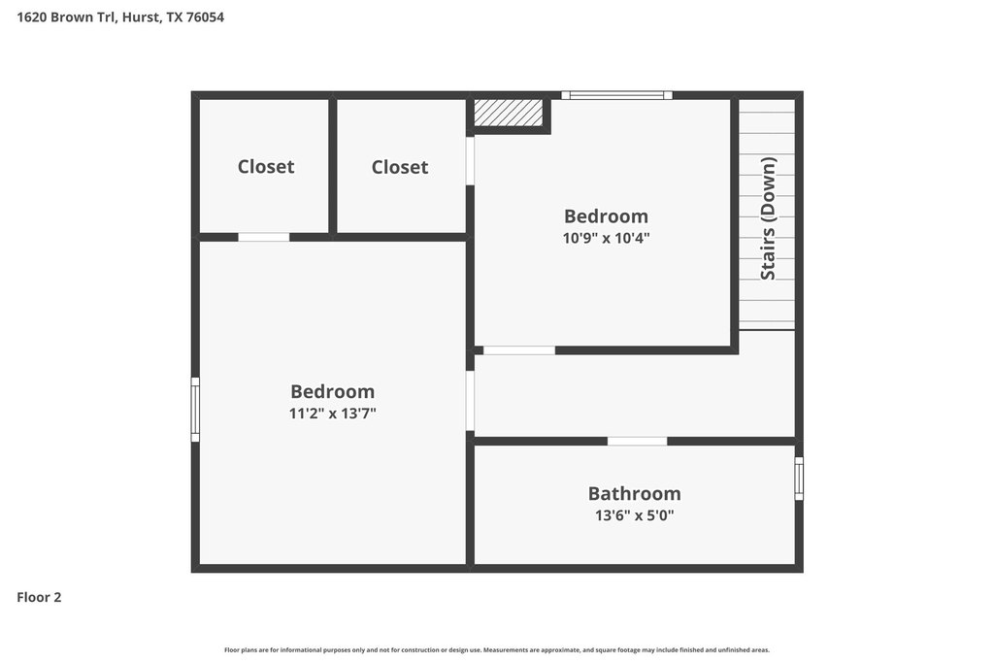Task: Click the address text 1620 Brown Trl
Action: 65,17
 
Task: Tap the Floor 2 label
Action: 39,597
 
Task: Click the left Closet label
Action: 266,166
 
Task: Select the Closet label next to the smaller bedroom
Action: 399,167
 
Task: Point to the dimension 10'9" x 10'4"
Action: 606,238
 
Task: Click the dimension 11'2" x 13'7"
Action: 332,414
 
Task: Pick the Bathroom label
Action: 634,493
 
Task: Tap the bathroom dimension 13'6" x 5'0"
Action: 634,514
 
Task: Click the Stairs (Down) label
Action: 768,218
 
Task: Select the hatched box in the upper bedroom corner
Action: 509,113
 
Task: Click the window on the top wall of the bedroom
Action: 616,96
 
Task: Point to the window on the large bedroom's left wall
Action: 195,410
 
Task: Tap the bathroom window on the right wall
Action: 799,479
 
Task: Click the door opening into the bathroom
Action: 637,441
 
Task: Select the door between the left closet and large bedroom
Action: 264,237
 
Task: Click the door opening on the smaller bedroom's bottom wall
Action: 519,350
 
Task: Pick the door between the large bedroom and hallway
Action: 471,401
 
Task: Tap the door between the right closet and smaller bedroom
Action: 471,161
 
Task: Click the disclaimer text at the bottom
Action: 497,649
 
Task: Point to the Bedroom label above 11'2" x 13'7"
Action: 332,391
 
